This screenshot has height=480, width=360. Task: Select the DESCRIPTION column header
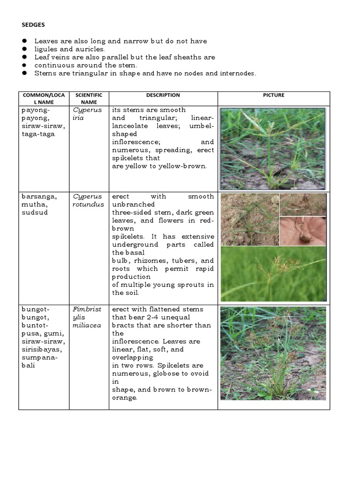tap(163, 95)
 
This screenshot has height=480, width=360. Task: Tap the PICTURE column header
tap(274, 95)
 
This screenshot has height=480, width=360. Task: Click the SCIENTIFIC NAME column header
tap(89, 98)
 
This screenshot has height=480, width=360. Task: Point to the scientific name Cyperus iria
tap(85, 114)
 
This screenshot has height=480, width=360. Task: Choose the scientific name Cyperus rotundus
tap(88, 200)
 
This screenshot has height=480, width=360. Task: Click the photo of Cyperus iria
tap(272, 149)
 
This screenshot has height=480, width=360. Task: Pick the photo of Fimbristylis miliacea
tap(273, 353)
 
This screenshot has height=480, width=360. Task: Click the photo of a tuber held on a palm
tap(303, 231)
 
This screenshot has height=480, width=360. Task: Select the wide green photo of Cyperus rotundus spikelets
tap(273, 274)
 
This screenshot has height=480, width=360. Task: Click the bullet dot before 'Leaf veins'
tap(22, 57)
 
